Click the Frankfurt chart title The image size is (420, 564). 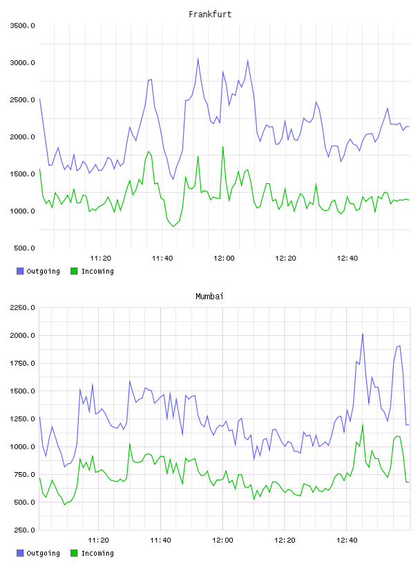(x=210, y=15)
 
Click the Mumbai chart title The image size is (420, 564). (x=209, y=297)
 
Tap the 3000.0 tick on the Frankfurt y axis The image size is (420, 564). (x=22, y=63)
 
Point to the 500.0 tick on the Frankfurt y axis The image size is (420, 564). (x=24, y=248)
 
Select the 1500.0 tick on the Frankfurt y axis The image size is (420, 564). (x=22, y=174)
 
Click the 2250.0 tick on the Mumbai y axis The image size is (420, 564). (x=22, y=308)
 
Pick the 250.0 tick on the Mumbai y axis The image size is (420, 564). (x=24, y=530)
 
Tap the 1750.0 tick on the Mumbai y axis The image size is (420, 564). (x=22, y=364)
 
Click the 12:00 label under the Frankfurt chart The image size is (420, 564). (x=224, y=258)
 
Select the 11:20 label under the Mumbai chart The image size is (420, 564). (x=98, y=540)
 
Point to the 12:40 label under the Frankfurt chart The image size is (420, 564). (x=347, y=258)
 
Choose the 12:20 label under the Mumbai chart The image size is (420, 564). (x=285, y=540)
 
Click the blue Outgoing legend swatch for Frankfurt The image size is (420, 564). (x=20, y=271)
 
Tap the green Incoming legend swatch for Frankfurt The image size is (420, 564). (x=74, y=271)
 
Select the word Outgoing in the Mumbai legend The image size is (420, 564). (x=43, y=553)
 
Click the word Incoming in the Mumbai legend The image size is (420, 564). (x=97, y=553)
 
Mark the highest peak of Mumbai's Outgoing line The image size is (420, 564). (x=363, y=334)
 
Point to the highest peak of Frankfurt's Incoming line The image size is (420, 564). (x=223, y=147)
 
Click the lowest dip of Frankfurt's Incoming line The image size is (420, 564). (x=173, y=226)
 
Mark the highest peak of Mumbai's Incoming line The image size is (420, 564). (x=363, y=424)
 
